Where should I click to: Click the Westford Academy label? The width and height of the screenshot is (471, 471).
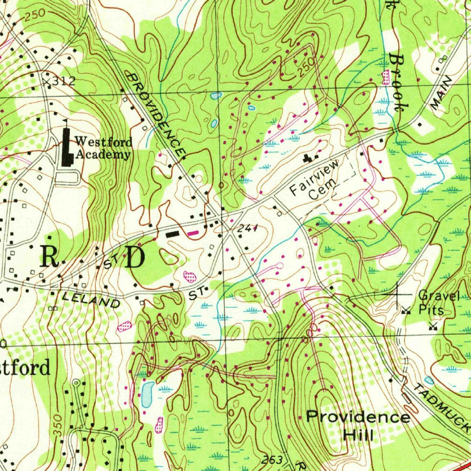[103, 148]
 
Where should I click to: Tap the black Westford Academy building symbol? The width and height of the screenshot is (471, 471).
[67, 147]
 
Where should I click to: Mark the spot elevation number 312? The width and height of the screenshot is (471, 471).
[63, 81]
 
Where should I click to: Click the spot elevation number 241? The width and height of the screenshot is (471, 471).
[248, 228]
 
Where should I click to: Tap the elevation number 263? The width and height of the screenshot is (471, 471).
[273, 460]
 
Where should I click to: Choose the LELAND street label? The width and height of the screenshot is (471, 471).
[91, 300]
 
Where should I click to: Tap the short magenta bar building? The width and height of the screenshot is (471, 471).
[194, 233]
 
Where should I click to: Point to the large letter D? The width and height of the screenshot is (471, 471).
[134, 259]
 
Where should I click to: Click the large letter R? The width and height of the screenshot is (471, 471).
[49, 257]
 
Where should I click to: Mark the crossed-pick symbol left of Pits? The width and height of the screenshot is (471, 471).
[406, 310]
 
